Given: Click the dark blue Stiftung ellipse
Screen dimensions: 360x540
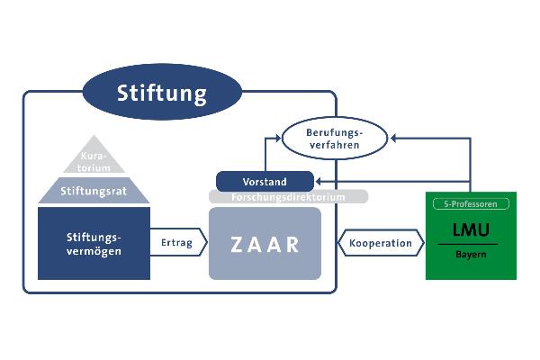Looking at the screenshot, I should [x=162, y=93].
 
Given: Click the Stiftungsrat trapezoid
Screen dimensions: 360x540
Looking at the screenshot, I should [x=94, y=190].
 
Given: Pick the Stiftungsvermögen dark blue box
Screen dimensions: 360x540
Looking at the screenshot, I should [x=94, y=243].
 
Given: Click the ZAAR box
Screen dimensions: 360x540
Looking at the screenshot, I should [x=265, y=244].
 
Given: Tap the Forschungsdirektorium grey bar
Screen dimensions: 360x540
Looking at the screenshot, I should [x=288, y=196].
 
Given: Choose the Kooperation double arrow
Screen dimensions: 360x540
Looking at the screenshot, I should [x=381, y=243].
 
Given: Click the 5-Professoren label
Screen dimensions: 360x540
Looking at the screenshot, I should [x=471, y=204].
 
